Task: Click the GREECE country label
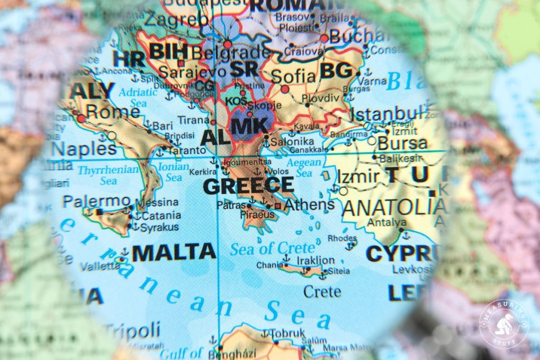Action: (x=248, y=185)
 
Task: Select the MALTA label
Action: (x=173, y=252)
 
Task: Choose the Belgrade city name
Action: (x=231, y=52)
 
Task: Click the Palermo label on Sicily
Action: (x=97, y=201)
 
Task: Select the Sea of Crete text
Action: (x=272, y=247)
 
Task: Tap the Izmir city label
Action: (x=358, y=176)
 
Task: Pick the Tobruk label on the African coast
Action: (x=288, y=333)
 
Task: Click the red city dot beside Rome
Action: (x=81, y=119)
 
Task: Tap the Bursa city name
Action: (x=403, y=143)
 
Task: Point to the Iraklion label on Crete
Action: (x=315, y=260)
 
